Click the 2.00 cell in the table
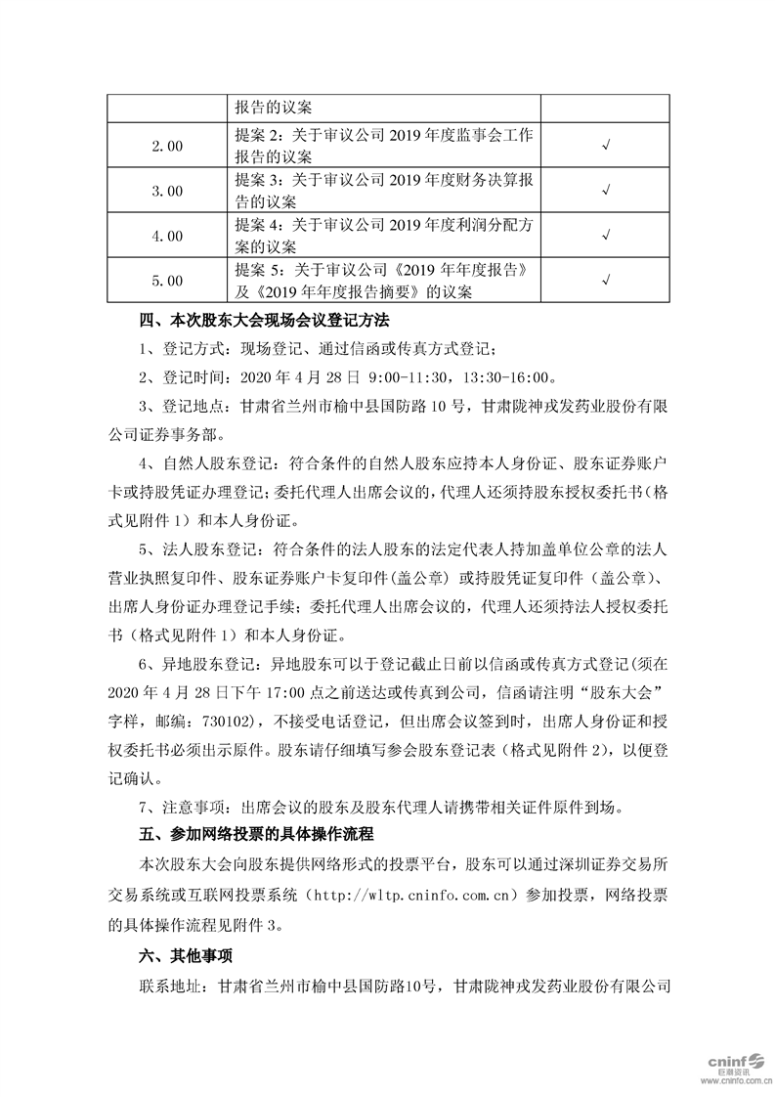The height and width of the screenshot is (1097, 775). (167, 146)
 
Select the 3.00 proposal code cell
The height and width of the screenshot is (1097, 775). (167, 191)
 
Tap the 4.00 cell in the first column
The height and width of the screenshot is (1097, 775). (167, 236)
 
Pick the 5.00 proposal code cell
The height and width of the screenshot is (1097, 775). (167, 281)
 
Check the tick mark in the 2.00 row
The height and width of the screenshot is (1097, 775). (606, 146)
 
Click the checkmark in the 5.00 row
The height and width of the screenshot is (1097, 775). (606, 281)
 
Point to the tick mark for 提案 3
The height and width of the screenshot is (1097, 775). (606, 191)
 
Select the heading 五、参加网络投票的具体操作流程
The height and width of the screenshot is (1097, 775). (257, 835)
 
